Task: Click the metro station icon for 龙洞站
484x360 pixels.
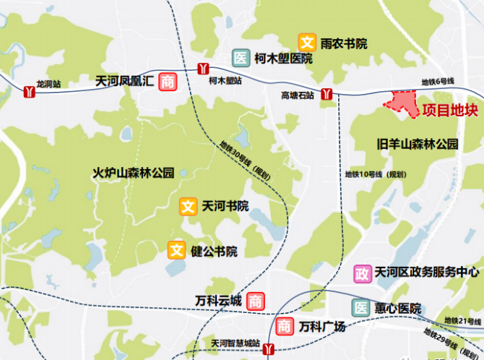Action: [x=30, y=92]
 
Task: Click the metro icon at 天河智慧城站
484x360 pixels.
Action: [x=269, y=350]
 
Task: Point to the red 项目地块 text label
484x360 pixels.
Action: [x=450, y=111]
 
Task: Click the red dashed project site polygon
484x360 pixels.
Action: [x=403, y=103]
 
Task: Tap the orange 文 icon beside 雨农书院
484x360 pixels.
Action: [x=308, y=43]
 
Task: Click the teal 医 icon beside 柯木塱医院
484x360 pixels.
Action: [x=240, y=59]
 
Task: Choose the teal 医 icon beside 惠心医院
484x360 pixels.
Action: [x=360, y=308]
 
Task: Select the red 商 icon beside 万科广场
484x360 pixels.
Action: [x=285, y=327]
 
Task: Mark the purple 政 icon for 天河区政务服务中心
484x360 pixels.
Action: [x=362, y=273]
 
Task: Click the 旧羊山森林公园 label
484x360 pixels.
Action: [x=418, y=144]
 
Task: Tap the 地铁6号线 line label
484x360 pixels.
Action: [x=438, y=82]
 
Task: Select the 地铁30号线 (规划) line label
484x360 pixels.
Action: [x=245, y=161]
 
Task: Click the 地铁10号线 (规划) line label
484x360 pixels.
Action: [x=375, y=175]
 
